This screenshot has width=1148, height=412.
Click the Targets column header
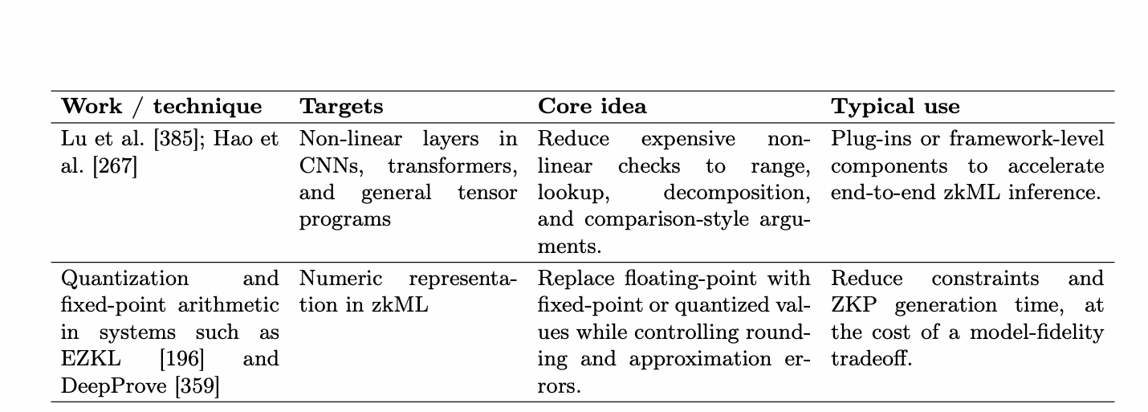[x=341, y=107]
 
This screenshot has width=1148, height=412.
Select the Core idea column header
[x=592, y=106]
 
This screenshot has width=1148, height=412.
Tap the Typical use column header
[x=895, y=107]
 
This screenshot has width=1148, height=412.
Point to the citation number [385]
[x=176, y=139]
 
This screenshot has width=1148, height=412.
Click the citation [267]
[x=115, y=166]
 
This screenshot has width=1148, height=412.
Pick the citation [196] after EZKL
[x=182, y=359]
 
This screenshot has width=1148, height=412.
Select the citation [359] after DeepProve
[x=197, y=385]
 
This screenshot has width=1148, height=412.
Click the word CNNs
[x=331, y=166]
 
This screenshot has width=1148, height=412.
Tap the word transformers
[x=453, y=166]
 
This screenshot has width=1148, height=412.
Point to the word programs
[x=345, y=220]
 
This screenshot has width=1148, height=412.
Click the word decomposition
[x=737, y=194]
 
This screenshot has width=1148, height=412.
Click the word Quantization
[x=124, y=279]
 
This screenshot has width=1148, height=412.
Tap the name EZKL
[x=91, y=359]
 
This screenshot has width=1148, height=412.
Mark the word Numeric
[x=341, y=278]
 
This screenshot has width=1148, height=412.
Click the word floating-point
[x=690, y=279]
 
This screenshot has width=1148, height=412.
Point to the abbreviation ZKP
[x=853, y=305]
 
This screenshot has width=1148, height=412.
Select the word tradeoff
[x=872, y=359]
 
